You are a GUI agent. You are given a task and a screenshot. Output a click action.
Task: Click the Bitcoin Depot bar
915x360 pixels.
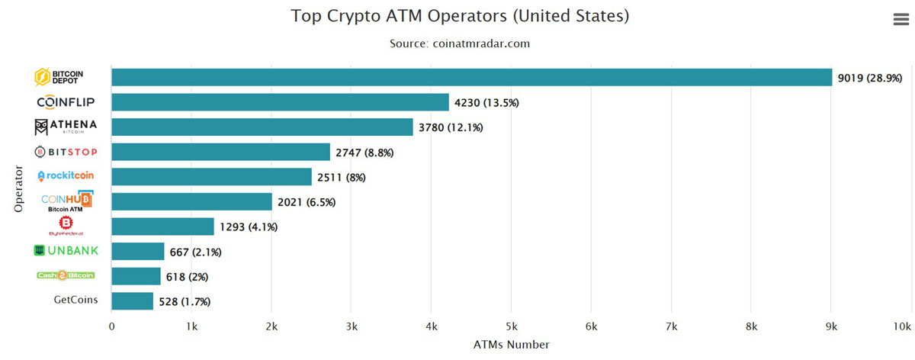tap(471, 77)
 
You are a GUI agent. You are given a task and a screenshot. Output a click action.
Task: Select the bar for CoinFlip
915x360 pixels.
tap(280, 102)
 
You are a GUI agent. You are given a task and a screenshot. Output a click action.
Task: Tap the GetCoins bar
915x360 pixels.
tap(132, 301)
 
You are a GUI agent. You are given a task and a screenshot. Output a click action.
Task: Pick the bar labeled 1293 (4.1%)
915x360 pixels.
tap(162, 227)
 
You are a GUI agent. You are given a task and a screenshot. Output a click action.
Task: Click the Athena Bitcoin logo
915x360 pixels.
tap(66, 127)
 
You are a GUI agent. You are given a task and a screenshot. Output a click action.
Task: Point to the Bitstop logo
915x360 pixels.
tap(66, 152)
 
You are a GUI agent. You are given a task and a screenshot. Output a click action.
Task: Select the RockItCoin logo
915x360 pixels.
tap(66, 176)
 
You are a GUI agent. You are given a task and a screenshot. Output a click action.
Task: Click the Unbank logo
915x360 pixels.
tap(66, 251)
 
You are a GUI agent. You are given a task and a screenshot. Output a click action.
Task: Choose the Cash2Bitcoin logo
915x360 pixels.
tap(66, 275)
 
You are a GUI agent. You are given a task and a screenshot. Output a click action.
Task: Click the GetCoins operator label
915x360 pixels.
tap(75, 300)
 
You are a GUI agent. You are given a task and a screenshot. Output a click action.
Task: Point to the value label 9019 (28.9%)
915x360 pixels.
tap(870, 78)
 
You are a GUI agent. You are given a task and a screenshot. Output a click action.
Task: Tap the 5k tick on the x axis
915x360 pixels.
tap(512, 326)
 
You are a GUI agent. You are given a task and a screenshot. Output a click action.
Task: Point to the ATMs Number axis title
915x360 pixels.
tap(512, 345)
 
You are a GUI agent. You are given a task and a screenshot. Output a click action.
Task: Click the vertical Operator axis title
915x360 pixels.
tap(20, 189)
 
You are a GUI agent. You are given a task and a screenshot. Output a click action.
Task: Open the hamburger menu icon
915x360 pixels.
tap(901, 21)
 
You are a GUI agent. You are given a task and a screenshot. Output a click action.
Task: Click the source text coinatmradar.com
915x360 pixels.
tap(459, 43)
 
